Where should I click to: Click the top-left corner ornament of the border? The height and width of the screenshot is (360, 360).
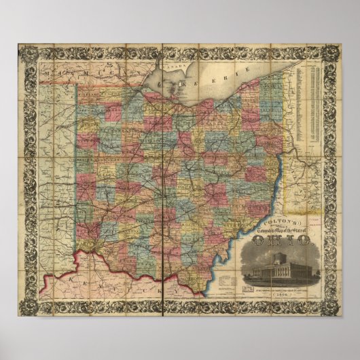point(25,52)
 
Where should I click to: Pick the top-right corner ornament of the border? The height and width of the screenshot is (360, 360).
point(333,52)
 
